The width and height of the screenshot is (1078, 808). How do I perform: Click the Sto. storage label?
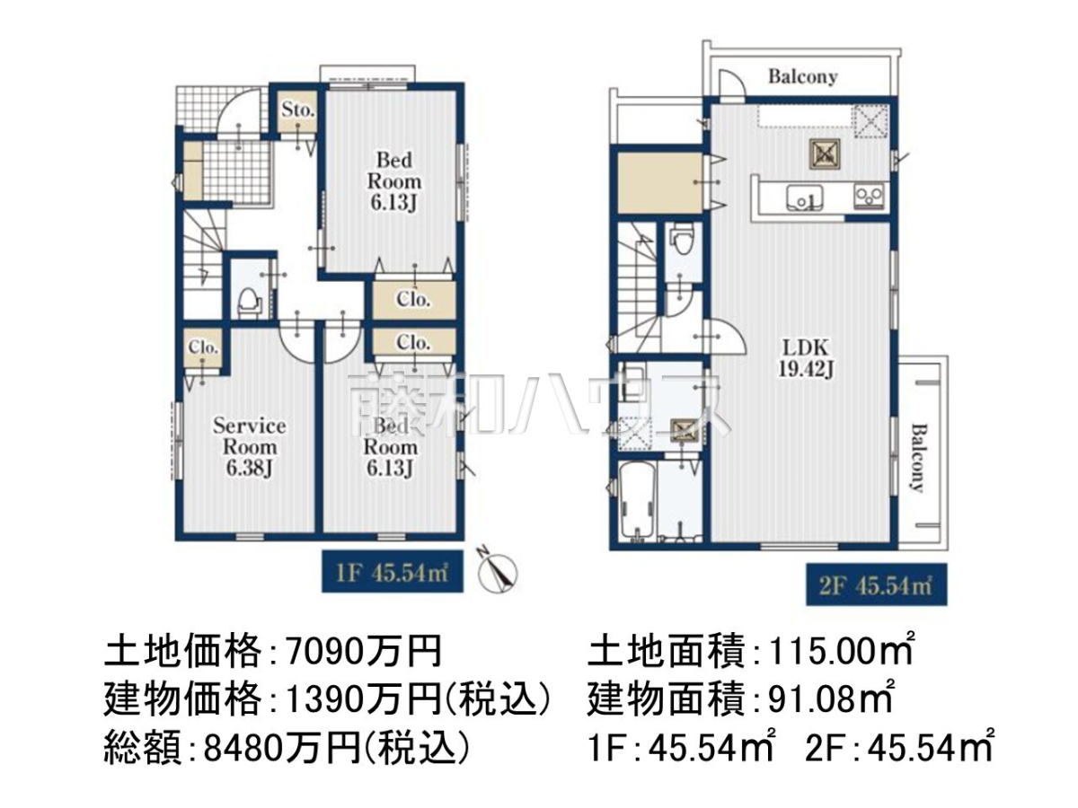tap(297, 110)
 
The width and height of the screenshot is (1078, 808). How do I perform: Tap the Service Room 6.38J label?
tap(249, 447)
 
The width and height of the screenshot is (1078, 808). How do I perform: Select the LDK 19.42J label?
tap(805, 358)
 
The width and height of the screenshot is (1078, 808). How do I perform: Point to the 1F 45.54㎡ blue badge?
tap(393, 572)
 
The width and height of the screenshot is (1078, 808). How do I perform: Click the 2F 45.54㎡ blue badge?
tap(876, 584)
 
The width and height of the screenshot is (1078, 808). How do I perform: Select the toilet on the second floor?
tap(681, 238)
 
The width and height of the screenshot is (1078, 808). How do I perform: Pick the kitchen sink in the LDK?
tap(805, 198)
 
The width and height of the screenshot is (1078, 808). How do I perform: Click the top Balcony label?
tap(802, 77)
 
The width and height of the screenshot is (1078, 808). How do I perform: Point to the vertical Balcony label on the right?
tap(917, 458)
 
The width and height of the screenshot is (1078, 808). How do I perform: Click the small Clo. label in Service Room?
tap(203, 347)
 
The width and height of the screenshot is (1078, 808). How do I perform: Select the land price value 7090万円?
tap(363, 652)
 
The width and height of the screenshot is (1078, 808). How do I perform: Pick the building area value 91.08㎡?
tap(830, 698)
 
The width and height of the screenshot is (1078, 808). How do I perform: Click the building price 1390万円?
tap(363, 700)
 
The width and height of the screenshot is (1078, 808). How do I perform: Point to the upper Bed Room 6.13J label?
tap(393, 181)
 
